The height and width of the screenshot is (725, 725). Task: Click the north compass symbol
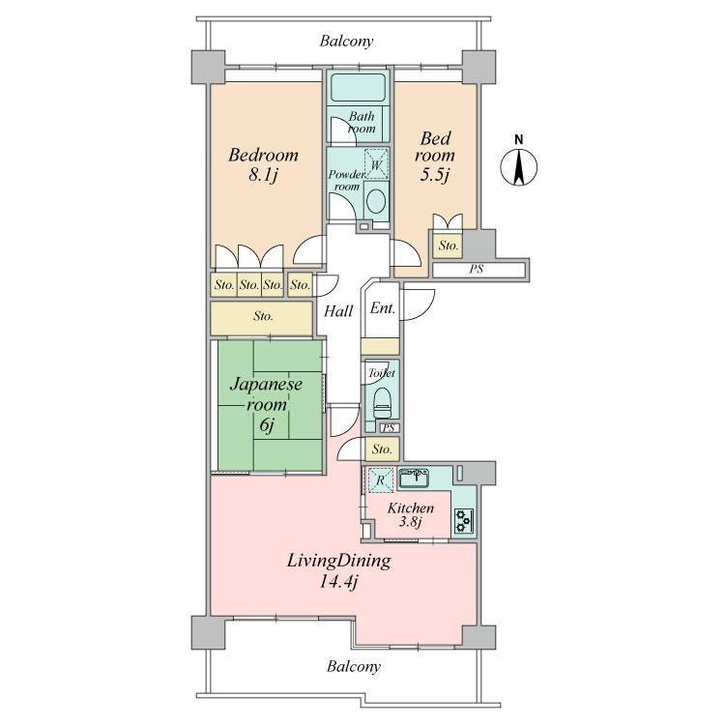point(519,166)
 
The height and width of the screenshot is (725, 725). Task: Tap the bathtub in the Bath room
point(359,87)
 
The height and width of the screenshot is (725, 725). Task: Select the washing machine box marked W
point(376,163)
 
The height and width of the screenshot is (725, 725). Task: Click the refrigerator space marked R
point(380,479)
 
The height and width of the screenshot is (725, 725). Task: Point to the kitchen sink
point(414,478)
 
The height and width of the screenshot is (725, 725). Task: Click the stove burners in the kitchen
point(463,521)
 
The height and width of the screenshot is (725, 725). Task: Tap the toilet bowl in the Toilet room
point(382,403)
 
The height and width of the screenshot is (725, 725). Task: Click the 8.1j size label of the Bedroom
point(263,175)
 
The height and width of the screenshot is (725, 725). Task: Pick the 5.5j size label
point(435,174)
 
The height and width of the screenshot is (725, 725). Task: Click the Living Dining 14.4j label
point(339,571)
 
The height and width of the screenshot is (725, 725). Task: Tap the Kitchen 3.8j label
point(410,514)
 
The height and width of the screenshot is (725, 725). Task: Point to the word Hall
point(338,311)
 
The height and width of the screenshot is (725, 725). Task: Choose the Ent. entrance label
point(383,308)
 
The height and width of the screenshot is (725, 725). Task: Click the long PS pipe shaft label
point(477,269)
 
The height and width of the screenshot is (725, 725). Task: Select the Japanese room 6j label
point(267,405)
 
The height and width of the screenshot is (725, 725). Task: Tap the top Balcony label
point(346,42)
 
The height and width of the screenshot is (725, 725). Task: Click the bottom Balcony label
point(354,666)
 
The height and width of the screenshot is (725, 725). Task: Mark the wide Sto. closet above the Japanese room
point(261,318)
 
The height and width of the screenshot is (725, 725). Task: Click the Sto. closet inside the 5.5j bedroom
point(448,246)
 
